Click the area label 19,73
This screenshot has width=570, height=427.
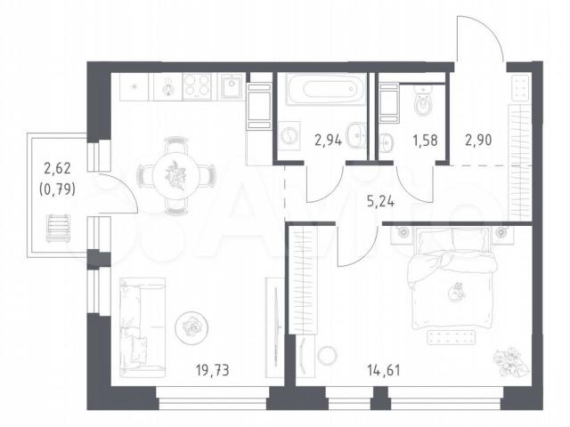pyautogui.click(x=213, y=370)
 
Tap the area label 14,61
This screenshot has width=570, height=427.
pyautogui.click(x=384, y=370)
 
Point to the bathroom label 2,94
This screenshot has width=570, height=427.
pyautogui.click(x=329, y=141)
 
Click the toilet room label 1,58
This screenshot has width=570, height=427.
pyautogui.click(x=425, y=141)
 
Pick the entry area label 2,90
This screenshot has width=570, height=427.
pyautogui.click(x=479, y=140)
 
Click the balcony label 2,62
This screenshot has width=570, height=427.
pyautogui.click(x=57, y=168)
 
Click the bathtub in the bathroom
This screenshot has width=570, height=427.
pyautogui.click(x=326, y=89)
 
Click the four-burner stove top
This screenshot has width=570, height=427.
pyautogui.click(x=197, y=87)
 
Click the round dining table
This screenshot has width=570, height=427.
pyautogui.click(x=176, y=176)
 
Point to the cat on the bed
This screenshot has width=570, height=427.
pyautogui.click(x=457, y=293)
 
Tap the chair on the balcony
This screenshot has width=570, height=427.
pyautogui.click(x=58, y=228)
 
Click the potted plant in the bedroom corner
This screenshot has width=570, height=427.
pyautogui.click(x=510, y=361)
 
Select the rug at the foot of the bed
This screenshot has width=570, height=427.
pyautogui.click(x=452, y=337)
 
